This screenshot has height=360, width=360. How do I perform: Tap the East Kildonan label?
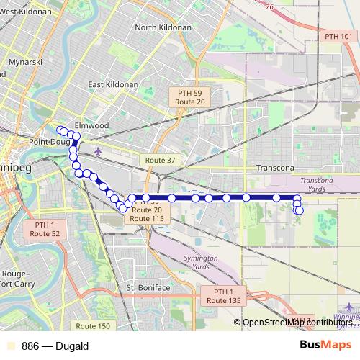point(112,84)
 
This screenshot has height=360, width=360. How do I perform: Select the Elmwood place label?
point(91,125)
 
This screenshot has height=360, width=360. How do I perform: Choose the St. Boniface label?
point(148,288)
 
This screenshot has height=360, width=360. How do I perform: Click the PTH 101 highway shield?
point(338,36)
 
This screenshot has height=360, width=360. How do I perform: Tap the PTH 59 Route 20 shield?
point(191,97)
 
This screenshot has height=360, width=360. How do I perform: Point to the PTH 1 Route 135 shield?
point(226,295)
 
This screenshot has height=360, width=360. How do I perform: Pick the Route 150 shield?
point(94,326)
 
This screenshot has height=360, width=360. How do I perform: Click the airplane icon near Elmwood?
point(97,151)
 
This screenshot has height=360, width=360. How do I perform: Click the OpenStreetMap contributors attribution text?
point(297,322)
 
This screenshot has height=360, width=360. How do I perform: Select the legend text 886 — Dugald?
point(55,346)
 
